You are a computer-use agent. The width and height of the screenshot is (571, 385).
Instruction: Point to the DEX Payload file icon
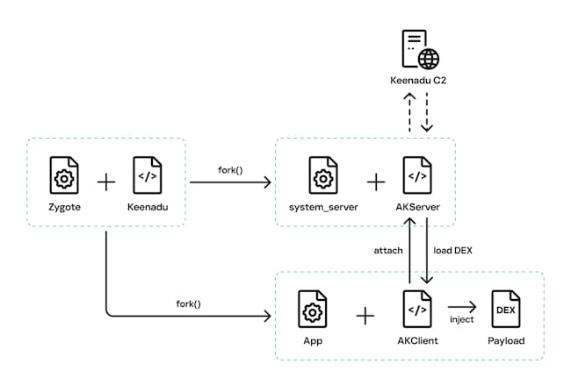504,309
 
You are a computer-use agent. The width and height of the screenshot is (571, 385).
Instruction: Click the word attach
387,250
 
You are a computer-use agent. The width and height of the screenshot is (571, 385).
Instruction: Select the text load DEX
453,250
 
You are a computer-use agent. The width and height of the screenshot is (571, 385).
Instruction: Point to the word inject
461,320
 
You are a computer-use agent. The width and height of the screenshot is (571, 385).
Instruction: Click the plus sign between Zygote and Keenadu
106,182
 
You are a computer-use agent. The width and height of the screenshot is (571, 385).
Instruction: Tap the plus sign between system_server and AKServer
375,182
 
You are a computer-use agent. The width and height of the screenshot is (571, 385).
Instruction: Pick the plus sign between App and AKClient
365,315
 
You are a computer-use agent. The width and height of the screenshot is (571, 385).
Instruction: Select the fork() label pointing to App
188,303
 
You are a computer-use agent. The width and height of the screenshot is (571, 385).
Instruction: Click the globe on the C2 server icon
428,59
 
